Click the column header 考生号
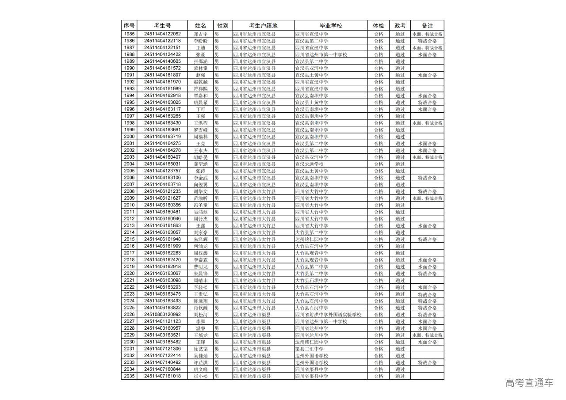162,26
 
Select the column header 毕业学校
331,26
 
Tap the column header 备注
427,26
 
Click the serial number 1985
129,34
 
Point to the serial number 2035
129,376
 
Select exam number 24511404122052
162,34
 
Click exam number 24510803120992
162,315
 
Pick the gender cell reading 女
217,321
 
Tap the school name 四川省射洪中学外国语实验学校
328,315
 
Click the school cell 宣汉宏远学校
309,164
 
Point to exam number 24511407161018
162,376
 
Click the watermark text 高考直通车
529,382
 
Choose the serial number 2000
129,137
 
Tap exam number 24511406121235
162,191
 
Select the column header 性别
222,26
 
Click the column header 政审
400,26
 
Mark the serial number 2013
129,225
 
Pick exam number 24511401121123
162,321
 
